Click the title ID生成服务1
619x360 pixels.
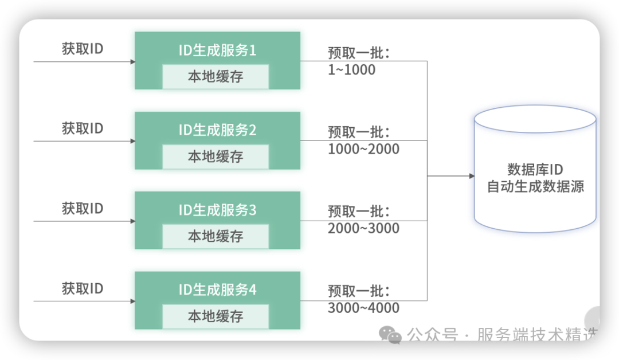217,50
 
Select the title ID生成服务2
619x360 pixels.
217,130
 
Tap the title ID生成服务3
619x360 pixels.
217,210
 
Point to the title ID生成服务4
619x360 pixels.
217,290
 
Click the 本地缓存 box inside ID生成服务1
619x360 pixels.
216,77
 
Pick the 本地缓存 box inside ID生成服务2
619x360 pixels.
216,156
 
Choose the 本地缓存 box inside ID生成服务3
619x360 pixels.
216,236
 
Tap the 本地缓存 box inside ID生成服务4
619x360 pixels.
216,316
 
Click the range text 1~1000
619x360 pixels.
352,70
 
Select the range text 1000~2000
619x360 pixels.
363,149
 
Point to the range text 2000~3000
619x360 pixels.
363,229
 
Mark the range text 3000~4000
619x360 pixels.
363,308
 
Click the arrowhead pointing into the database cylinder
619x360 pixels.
471,176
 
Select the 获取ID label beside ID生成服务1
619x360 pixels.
83,49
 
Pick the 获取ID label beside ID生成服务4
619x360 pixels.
83,288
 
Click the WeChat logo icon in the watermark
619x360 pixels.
391,334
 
